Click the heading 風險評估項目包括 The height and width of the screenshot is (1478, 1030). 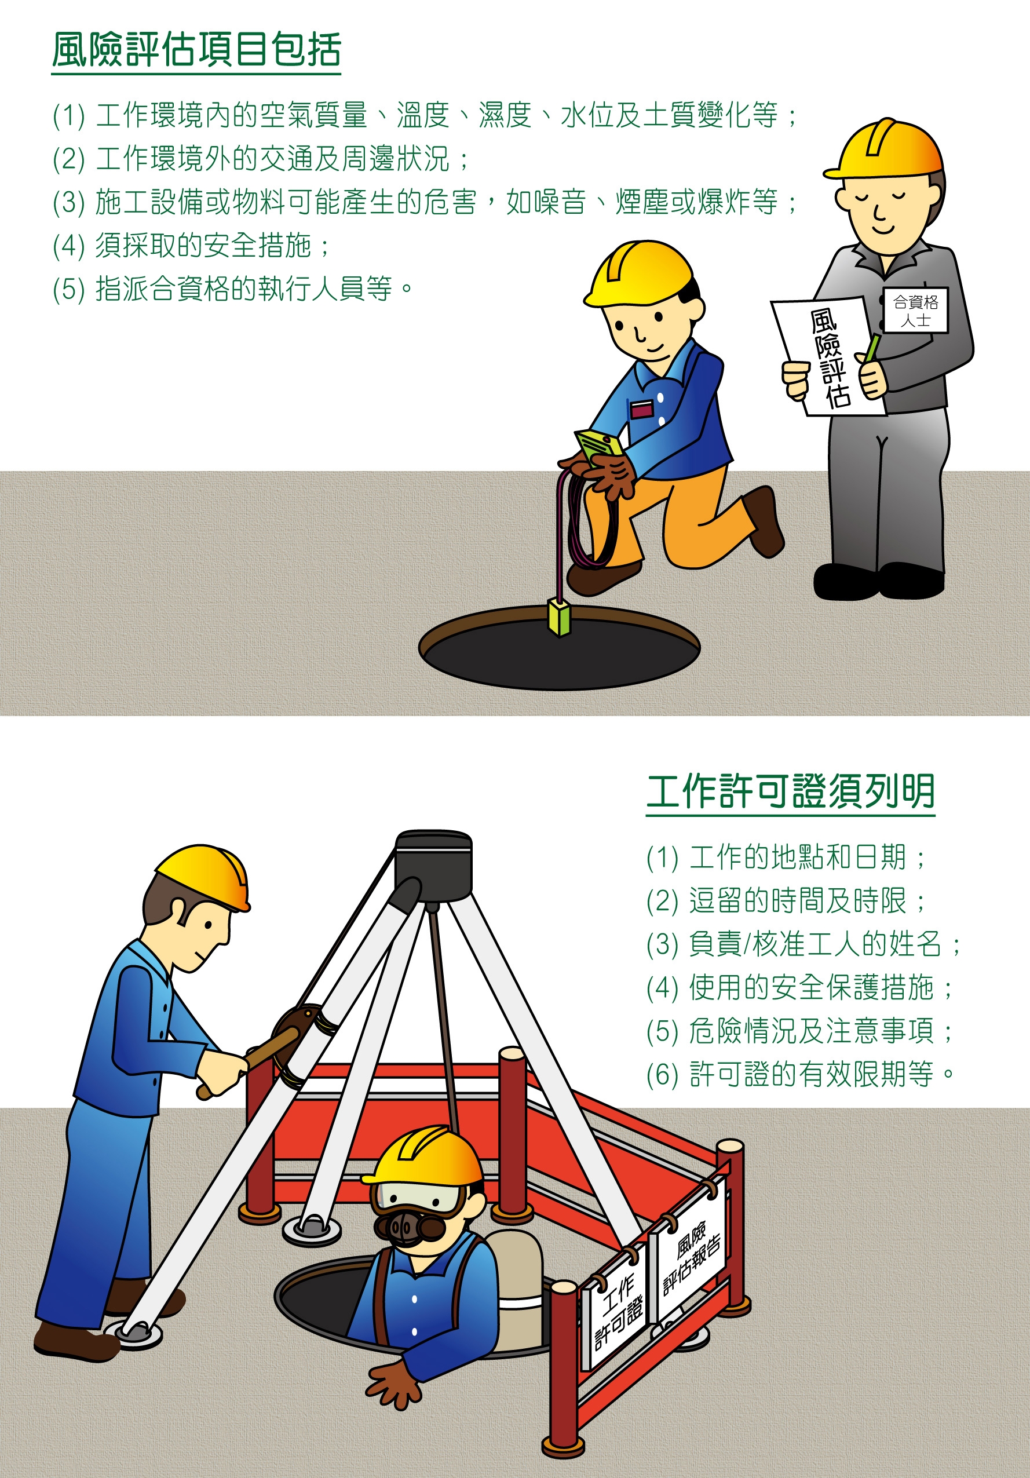196,50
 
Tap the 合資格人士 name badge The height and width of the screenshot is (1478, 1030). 915,311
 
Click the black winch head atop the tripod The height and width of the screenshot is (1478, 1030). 433,866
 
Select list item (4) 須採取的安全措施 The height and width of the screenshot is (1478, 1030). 191,245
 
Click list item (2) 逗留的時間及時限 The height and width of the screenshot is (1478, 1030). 786,900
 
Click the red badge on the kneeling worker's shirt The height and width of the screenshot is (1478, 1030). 641,409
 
